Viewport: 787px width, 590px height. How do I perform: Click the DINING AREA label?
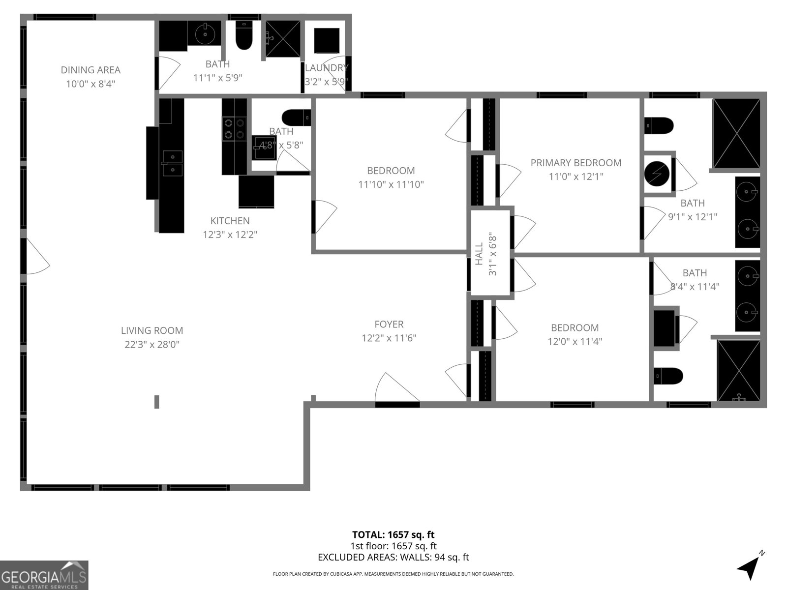click(91, 70)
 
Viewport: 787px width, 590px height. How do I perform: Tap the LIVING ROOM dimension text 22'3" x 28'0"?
click(152, 345)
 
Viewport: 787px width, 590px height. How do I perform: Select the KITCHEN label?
click(230, 221)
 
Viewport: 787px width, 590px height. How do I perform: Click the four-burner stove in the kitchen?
click(234, 128)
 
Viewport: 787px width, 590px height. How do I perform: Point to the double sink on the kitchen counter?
click(172, 163)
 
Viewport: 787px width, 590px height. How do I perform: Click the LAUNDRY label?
click(327, 68)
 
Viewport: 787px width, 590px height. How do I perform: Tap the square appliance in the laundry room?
click(327, 40)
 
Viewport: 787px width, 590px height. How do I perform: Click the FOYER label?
click(389, 324)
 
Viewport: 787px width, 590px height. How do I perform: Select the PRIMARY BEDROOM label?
click(575, 163)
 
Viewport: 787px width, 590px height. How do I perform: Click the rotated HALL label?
click(479, 254)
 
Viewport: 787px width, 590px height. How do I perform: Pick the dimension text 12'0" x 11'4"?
click(575, 341)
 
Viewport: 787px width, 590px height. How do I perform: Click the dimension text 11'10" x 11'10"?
click(391, 184)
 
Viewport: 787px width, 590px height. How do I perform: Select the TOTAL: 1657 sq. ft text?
click(393, 534)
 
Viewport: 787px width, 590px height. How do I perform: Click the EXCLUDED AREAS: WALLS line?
click(393, 557)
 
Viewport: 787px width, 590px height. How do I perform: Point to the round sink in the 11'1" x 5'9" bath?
click(204, 34)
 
